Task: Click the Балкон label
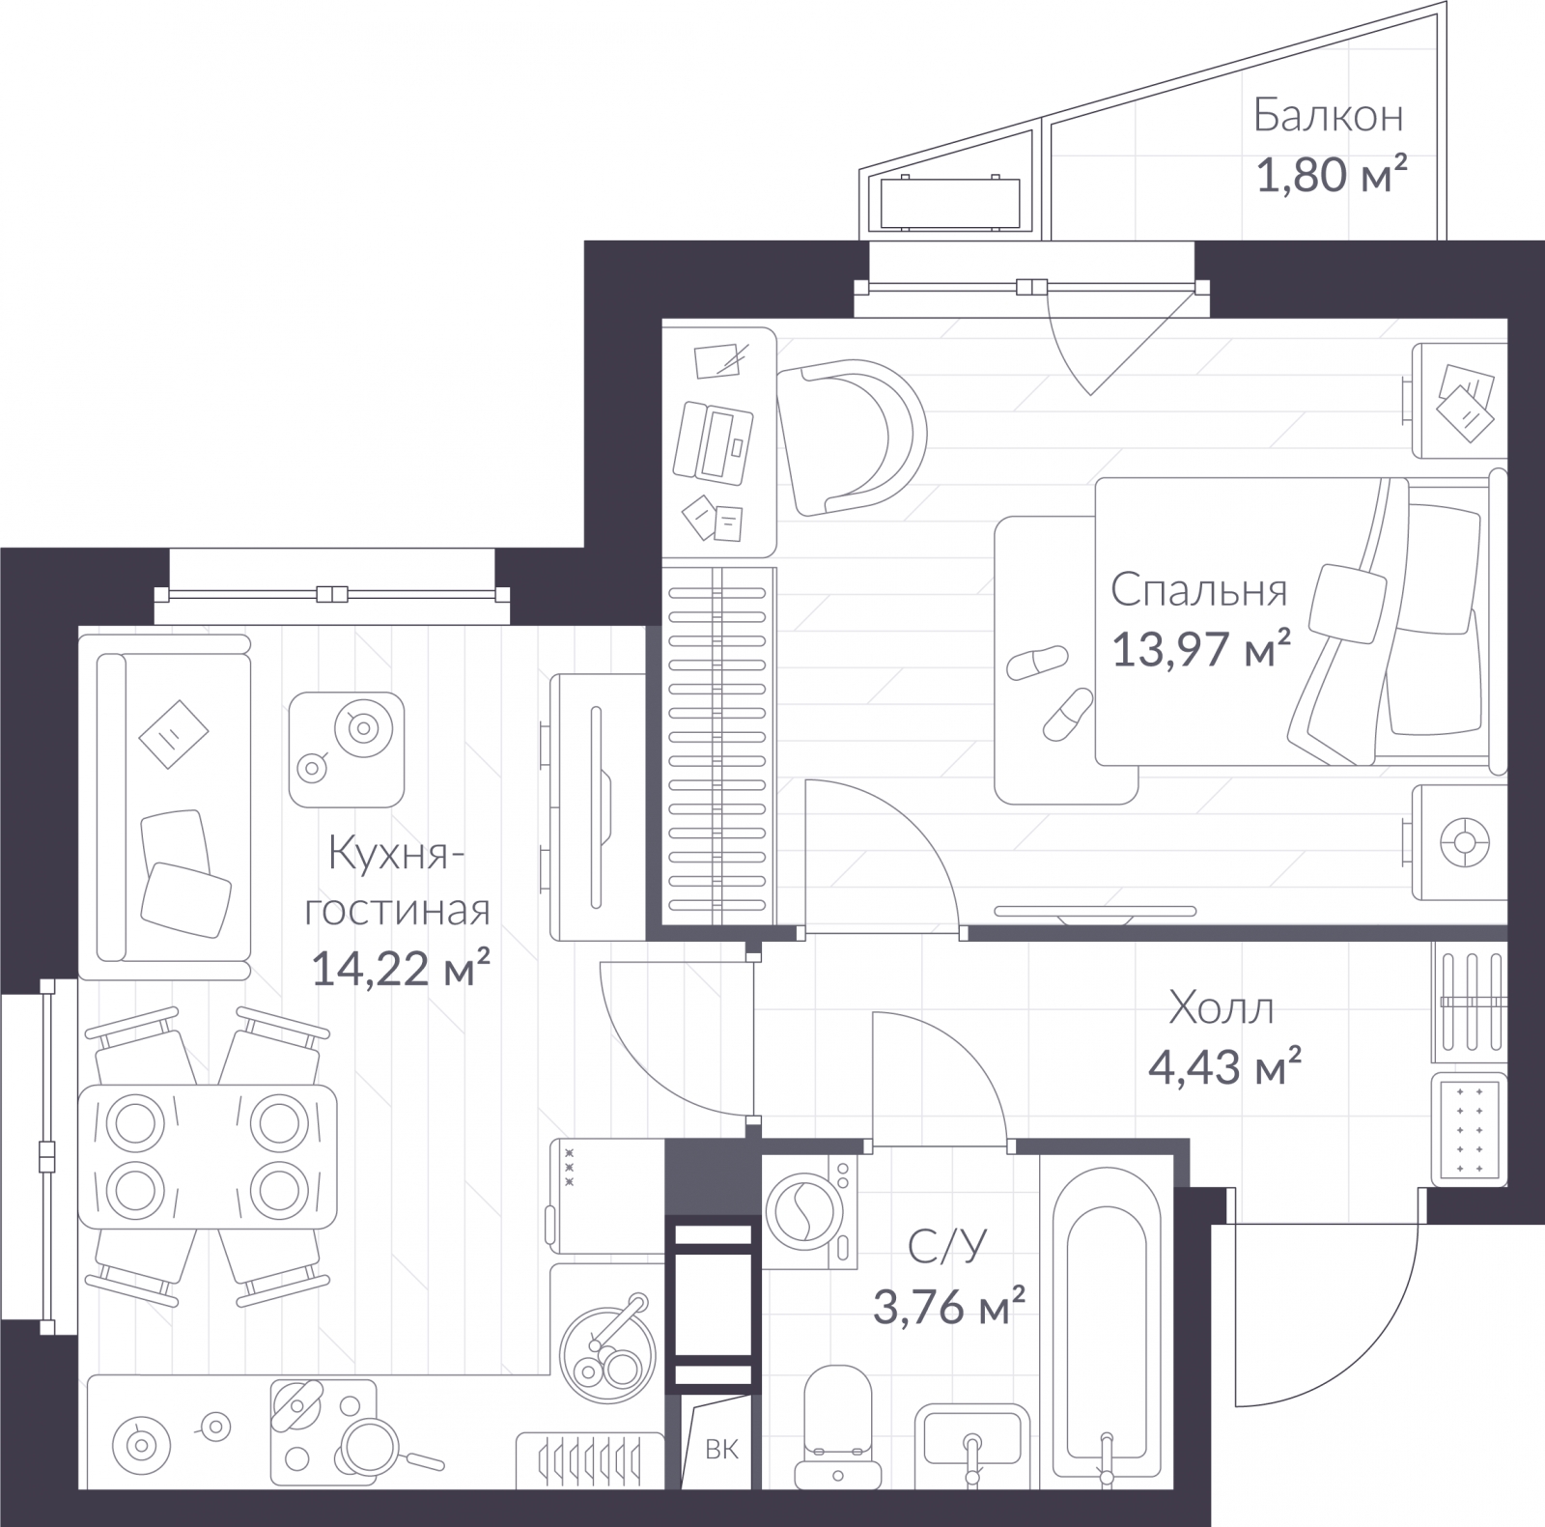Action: coord(1328,116)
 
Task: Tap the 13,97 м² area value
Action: coord(1202,648)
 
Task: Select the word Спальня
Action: coord(1198,589)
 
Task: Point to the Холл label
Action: coord(1222,1007)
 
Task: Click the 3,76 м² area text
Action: coord(948,1307)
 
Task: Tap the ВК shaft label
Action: coord(721,1449)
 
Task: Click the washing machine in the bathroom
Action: coord(810,1212)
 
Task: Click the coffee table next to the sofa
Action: coord(347,749)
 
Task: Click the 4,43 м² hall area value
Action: coord(1224,1066)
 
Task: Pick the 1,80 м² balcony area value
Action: coord(1331,175)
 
